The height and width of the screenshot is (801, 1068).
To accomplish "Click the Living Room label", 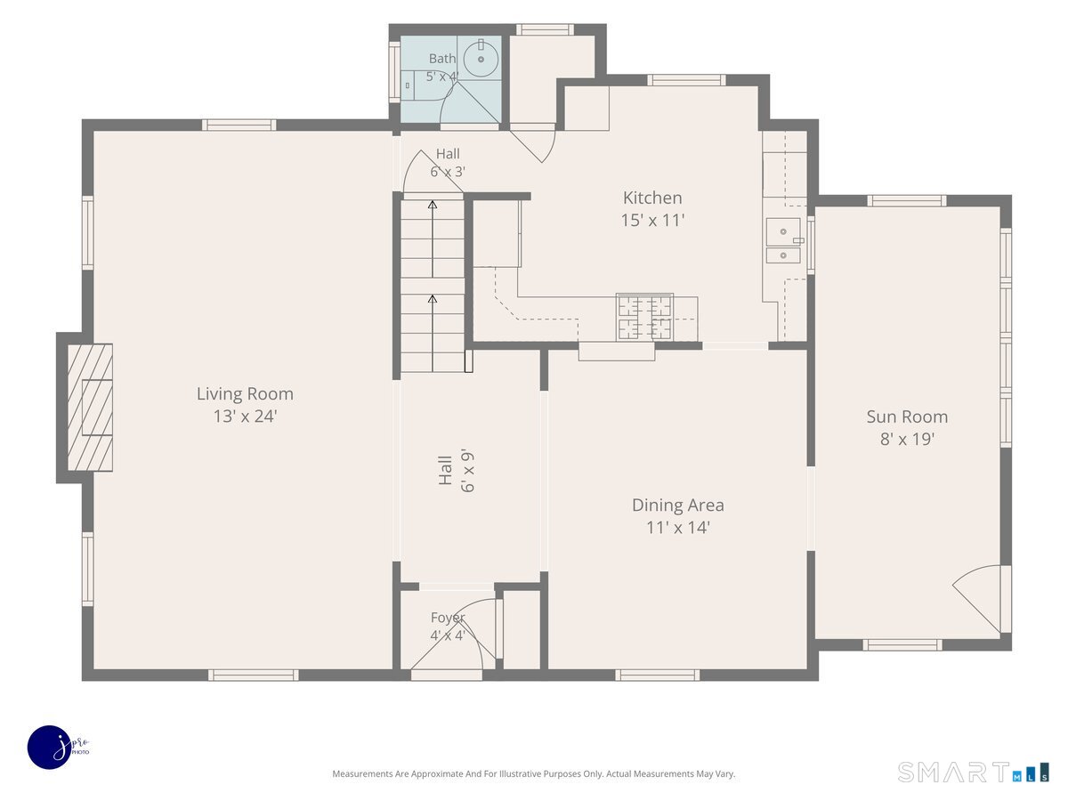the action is tap(245, 394).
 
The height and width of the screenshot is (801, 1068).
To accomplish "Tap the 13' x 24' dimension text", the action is tap(246, 417).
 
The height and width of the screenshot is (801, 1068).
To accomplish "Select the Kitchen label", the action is tap(652, 198).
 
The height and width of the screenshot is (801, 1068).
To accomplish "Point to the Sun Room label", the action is tap(907, 417).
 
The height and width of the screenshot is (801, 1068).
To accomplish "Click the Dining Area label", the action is tap(678, 506).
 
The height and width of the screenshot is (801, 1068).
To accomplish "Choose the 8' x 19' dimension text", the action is tap(907, 439).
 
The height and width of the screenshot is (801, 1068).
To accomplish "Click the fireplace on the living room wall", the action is tap(90, 408).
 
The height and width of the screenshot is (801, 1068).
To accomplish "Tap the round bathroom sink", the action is tap(481, 60).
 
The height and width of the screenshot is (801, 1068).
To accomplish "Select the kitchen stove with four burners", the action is tap(644, 317).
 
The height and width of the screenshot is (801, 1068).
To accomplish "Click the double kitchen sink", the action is tap(783, 240).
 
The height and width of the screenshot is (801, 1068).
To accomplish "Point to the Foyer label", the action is tap(448, 618).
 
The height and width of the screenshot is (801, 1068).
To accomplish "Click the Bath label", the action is tap(442, 59).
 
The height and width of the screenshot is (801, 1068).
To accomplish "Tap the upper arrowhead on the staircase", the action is tap(432, 205).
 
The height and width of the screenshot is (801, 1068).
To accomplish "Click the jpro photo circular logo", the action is tap(50, 748).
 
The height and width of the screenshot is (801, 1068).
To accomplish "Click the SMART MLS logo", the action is tap(973, 772).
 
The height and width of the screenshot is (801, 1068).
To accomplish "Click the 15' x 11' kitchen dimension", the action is tap(652, 221).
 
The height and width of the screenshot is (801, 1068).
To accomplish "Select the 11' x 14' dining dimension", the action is tap(678, 528).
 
